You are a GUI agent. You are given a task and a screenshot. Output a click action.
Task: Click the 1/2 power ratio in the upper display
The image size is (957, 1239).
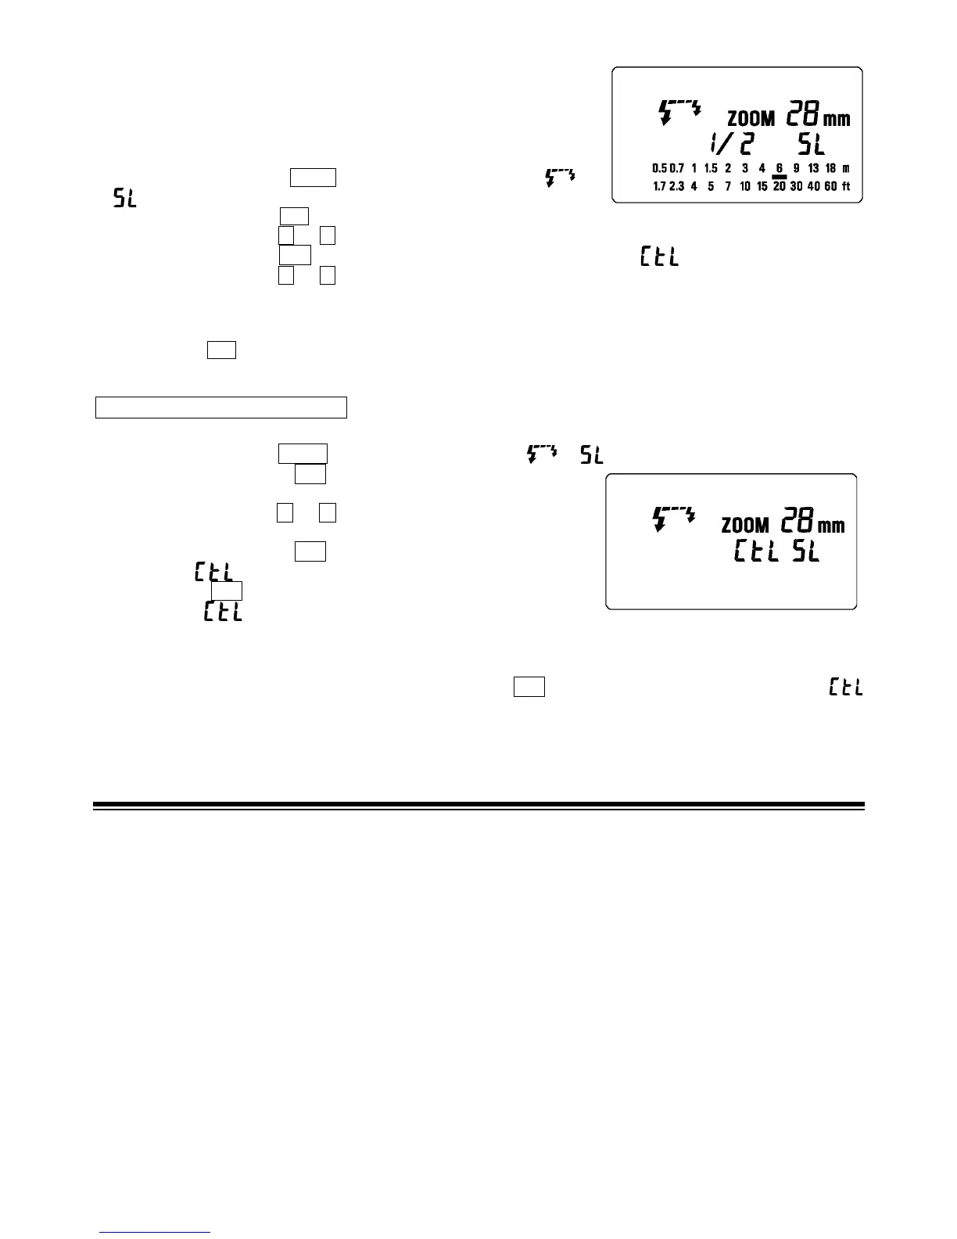731,144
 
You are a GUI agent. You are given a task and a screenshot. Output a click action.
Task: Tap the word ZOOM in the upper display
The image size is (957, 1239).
751,120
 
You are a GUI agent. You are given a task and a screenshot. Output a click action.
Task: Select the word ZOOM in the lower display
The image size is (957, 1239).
744,525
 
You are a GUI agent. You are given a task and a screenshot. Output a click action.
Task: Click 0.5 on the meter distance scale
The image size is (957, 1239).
659,168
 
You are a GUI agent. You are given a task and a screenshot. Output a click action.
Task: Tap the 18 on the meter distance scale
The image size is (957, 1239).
830,168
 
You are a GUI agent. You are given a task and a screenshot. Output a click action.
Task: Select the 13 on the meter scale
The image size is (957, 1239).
813,168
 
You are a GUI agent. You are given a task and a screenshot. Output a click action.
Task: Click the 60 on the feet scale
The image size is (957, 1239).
830,187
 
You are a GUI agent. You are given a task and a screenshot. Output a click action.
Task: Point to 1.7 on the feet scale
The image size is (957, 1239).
659,187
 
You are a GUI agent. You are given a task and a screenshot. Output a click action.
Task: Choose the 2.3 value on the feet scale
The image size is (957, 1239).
676,187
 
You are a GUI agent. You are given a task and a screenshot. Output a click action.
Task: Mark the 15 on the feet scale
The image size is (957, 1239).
762,187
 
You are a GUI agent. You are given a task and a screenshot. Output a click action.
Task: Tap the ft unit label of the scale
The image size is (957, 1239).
846,187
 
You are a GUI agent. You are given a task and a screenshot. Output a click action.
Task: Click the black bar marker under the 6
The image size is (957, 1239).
779,178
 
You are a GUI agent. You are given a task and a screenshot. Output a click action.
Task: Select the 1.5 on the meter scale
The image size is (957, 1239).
711,168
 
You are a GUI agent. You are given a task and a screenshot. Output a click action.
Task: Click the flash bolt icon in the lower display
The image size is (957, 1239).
673,519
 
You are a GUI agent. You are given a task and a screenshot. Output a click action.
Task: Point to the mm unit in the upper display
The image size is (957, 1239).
837,120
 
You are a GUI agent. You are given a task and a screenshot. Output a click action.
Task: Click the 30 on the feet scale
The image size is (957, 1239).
797,187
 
